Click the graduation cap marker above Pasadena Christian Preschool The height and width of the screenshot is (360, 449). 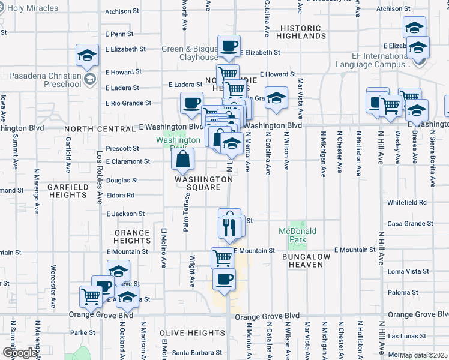coord(87,56)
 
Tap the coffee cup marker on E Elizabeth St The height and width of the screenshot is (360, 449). coord(229,46)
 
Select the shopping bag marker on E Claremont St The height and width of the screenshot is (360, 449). coord(182,160)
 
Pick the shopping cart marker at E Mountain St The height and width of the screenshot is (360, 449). coord(222,257)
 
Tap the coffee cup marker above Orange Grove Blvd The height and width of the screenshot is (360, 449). coord(224,279)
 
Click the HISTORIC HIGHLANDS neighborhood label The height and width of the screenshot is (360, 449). coord(301,32)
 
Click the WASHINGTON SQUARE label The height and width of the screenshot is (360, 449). coord(204,184)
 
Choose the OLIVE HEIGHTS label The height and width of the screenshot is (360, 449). coord(193,333)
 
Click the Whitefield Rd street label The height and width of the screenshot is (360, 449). coord(406,203)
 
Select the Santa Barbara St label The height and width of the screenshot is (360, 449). coord(197,353)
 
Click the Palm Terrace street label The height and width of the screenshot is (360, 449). coord(187,216)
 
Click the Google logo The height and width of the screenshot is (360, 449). coord(19,353)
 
